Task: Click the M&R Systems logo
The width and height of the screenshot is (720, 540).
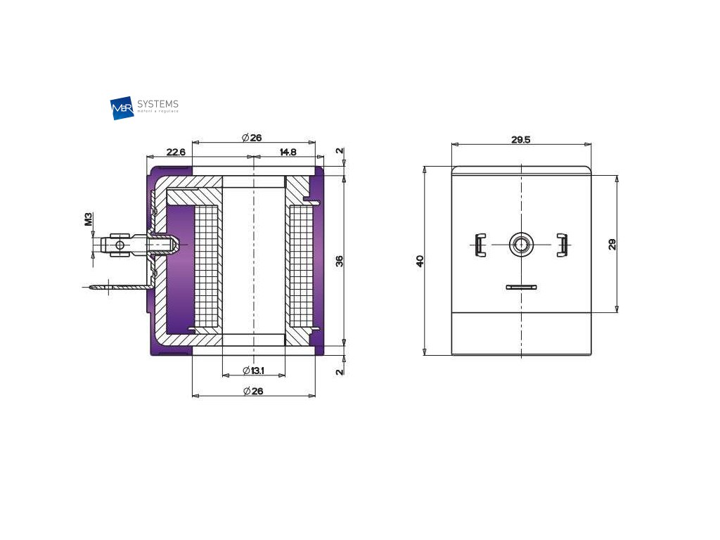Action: [x=145, y=108]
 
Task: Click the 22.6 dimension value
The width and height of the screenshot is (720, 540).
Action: [x=175, y=152]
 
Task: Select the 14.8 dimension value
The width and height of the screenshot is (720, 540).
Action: [x=288, y=152]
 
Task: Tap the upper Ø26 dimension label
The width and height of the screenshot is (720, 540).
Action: [x=252, y=138]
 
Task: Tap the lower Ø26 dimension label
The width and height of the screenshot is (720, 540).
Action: [x=252, y=391]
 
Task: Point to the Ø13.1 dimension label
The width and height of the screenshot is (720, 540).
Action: [x=252, y=371]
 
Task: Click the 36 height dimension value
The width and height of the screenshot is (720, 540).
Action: [x=340, y=261]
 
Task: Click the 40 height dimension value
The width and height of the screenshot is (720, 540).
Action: [x=420, y=261]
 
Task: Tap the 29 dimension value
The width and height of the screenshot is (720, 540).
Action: [x=612, y=244]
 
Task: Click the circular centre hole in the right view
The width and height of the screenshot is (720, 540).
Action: [x=521, y=244]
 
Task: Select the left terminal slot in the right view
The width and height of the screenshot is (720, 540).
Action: [x=478, y=244]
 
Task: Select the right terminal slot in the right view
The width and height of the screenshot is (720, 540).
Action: [x=562, y=244]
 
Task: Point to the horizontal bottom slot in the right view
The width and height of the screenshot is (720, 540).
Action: [x=521, y=287]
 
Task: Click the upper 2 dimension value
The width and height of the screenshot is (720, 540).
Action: [x=340, y=151]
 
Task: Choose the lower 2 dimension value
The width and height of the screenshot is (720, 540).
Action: [x=340, y=371]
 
